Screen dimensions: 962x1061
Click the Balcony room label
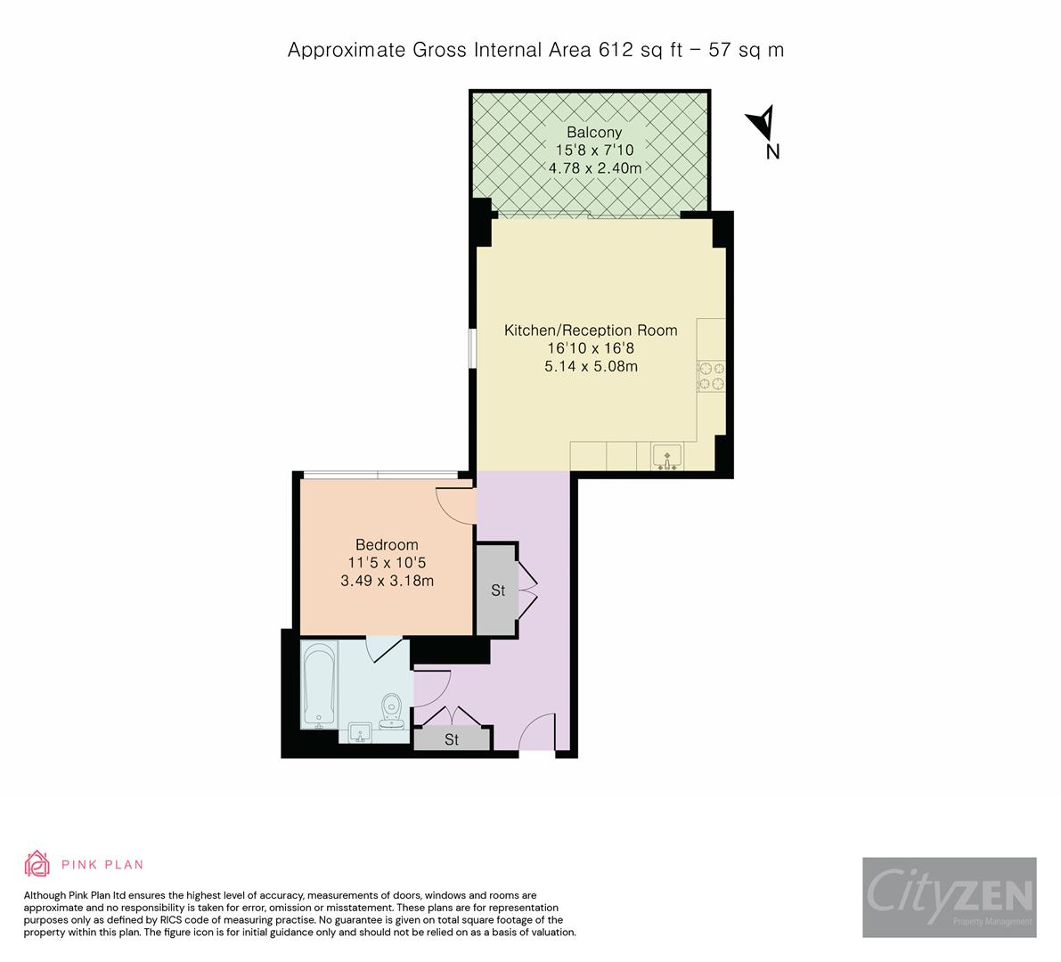[588, 133]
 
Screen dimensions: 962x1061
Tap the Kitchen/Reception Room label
[591, 330]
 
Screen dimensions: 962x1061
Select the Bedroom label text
[387, 545]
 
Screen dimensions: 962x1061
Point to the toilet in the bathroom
[392, 711]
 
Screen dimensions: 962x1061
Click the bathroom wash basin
[361, 733]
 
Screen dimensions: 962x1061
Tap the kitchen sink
[665, 457]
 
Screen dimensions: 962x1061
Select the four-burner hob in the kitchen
[712, 375]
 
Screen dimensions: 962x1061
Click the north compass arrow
[763, 122]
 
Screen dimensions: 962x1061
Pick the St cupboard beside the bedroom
[497, 591]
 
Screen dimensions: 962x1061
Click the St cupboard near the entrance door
[452, 739]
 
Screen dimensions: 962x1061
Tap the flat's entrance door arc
[537, 732]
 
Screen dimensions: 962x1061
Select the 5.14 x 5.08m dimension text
[591, 366]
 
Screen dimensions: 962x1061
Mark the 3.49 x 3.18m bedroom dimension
[387, 581]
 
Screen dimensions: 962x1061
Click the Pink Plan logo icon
[37, 864]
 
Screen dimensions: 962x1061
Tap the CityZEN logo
[949, 897]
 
